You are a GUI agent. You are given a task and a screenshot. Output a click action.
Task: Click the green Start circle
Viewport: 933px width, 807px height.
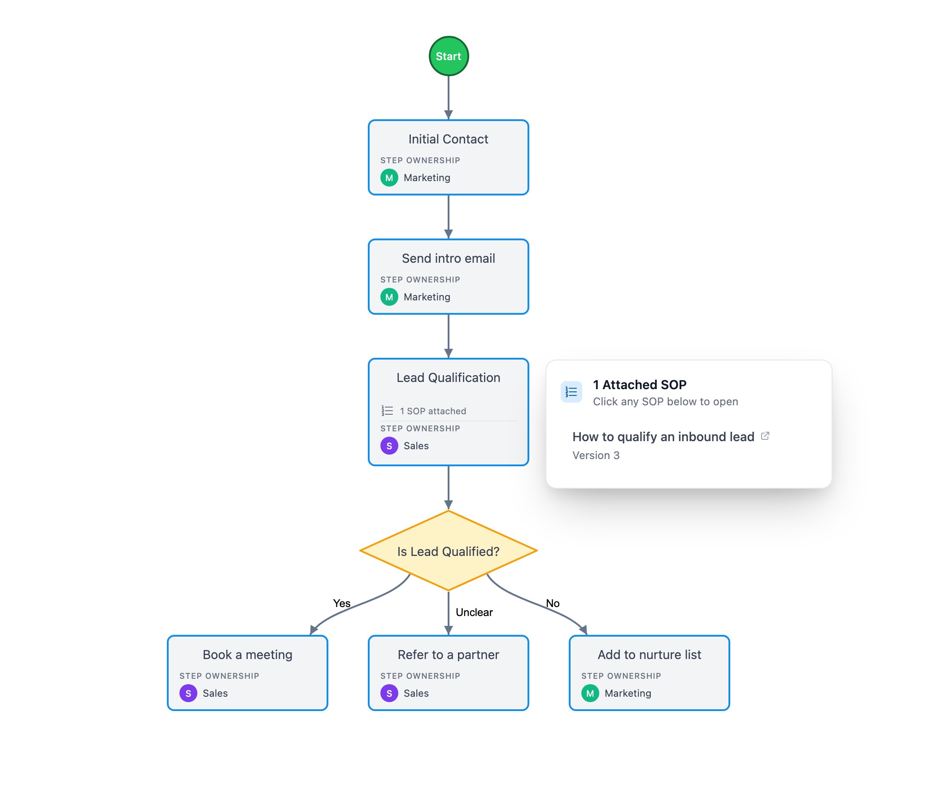tap(448, 56)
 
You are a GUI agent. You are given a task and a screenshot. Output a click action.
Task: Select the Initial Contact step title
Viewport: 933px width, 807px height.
tap(448, 139)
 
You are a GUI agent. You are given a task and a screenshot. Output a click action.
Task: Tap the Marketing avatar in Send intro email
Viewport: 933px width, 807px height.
tap(389, 297)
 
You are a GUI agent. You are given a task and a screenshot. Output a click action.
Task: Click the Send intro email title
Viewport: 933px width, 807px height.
tap(448, 259)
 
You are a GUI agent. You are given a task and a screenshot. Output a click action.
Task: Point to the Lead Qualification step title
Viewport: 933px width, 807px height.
tap(448, 377)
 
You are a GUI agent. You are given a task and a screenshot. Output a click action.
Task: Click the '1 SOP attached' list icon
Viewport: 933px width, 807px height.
tap(388, 411)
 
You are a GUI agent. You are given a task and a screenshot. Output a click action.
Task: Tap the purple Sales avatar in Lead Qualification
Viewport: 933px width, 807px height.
tap(389, 446)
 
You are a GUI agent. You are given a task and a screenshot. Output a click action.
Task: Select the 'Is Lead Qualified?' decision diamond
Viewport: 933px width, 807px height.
tap(448, 551)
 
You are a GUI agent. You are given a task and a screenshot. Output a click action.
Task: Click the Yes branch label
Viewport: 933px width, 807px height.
tap(341, 603)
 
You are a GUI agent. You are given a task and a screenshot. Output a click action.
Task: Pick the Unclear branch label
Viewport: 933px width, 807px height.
tap(474, 612)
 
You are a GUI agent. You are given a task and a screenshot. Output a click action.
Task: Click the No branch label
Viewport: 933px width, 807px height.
tap(553, 603)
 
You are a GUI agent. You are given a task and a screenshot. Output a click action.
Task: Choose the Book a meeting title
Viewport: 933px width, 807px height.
tap(247, 655)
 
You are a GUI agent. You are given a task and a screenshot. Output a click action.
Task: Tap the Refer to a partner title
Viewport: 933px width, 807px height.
tap(448, 655)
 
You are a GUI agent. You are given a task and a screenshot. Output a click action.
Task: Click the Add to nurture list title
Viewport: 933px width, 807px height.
tap(649, 655)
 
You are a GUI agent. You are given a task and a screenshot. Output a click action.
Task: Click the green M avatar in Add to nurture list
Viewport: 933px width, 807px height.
tap(590, 693)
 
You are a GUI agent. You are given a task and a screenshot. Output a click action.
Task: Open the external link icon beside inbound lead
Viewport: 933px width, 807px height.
tap(765, 436)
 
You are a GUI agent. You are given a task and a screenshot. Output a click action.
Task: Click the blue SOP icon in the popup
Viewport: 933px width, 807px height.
tap(571, 392)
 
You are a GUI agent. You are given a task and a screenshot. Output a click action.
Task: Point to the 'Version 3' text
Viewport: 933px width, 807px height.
tap(596, 456)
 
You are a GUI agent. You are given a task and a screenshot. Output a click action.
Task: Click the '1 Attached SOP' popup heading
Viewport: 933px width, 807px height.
tap(640, 385)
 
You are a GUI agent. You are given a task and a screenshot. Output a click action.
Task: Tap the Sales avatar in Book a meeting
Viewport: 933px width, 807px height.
tap(188, 693)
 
